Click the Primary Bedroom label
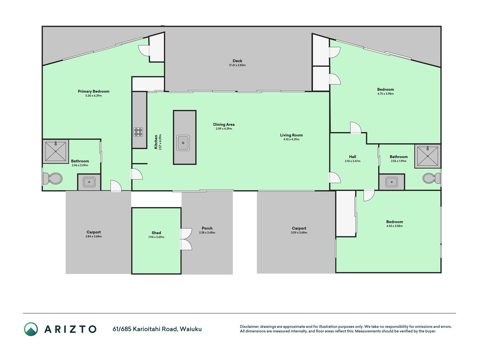pyautogui.click(x=94, y=91)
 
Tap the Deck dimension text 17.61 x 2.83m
pyautogui.click(x=237, y=65)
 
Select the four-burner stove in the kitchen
pyautogui.click(x=138, y=132)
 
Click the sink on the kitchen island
pyautogui.click(x=183, y=143)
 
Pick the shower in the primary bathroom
pyautogui.click(x=56, y=152)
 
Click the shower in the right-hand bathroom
pyautogui.click(x=427, y=156)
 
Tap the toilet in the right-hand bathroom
pyautogui.click(x=432, y=178)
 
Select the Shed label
pyautogui.click(x=156, y=233)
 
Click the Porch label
pyautogui.click(x=207, y=228)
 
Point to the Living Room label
pyautogui.click(x=291, y=135)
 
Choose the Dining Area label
pyautogui.click(x=224, y=125)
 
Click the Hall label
pyautogui.click(x=353, y=157)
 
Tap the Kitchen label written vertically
pyautogui.click(x=156, y=142)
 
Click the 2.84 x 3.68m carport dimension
pyautogui.click(x=94, y=237)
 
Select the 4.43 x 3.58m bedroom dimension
pyautogui.click(x=395, y=226)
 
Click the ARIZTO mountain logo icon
pyautogui.click(x=31, y=329)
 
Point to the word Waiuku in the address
pyautogui.click(x=191, y=329)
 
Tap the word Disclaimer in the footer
pyautogui.click(x=249, y=327)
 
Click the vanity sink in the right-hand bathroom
pyautogui.click(x=391, y=182)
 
